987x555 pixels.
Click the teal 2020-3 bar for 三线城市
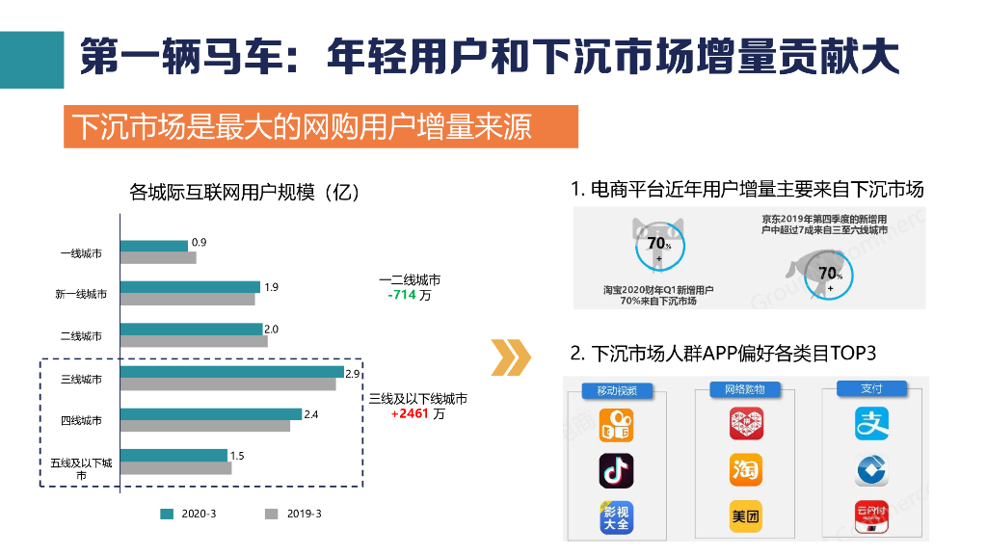pos(231,372)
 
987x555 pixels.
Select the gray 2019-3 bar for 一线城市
pos(158,258)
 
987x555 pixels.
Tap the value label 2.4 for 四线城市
pos(311,415)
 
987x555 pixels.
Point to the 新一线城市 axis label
pos(81,294)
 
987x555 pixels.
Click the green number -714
pos(402,295)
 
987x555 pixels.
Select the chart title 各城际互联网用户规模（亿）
pos(246,192)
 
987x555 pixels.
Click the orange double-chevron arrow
pos(511,357)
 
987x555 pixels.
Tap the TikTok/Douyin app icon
pos(616,469)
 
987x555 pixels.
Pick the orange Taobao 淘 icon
pos(746,469)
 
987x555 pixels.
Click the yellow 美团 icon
pos(746,516)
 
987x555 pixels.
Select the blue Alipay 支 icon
pos(871,423)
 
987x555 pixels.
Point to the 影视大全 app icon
pos(616,517)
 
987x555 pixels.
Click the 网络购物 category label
pos(745,390)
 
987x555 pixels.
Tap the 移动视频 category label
pos(617,391)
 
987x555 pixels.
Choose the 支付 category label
pos(871,389)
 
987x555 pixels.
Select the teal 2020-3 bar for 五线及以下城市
pos(173,456)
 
